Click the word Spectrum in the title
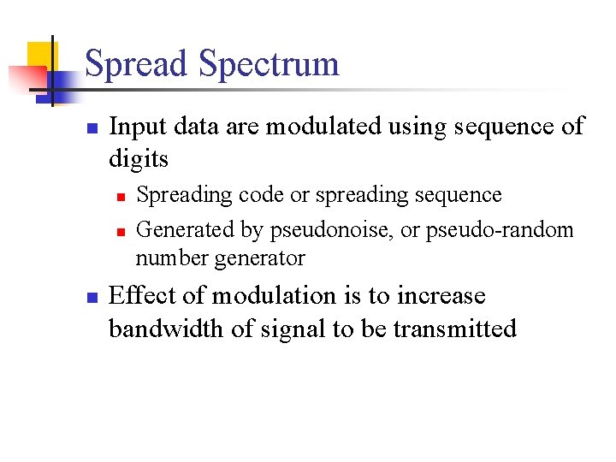269,65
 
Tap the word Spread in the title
137,65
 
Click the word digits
139,159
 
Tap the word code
259,195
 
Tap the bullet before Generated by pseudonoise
121,231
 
